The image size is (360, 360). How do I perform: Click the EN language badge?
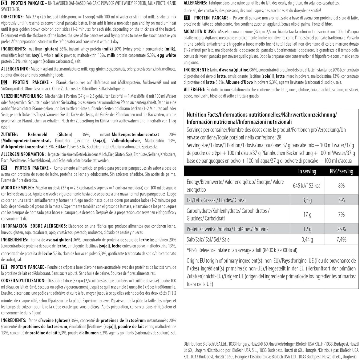5,3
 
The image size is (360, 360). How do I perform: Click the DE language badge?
5,82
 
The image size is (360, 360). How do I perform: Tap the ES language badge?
5,167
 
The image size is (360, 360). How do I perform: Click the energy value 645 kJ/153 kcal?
307,186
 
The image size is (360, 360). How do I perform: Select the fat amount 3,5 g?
307,200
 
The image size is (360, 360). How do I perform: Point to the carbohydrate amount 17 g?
307,215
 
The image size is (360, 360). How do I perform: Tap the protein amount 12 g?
307,229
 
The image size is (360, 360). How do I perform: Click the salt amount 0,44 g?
307,239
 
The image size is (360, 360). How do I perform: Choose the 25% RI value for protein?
341,229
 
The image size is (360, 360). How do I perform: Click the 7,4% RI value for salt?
341,239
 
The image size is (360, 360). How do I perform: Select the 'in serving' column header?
307,171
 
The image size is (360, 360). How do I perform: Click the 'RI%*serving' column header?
341,171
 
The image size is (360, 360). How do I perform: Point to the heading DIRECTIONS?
15,16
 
